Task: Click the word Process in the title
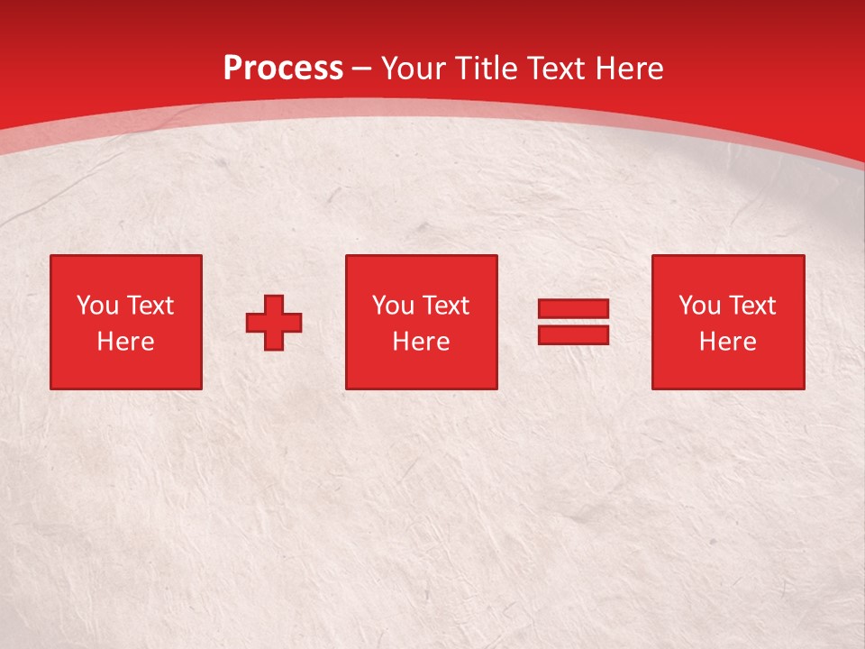(283, 69)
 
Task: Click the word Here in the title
(632, 69)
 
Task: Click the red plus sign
(274, 322)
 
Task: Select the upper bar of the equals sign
(573, 308)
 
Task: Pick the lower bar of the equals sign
(573, 334)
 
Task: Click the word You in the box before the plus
(97, 306)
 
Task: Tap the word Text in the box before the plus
(149, 306)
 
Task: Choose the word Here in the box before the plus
(125, 342)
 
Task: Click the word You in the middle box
(393, 306)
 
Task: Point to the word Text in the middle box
(445, 306)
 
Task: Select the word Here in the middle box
(421, 342)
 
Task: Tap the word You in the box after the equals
(699, 306)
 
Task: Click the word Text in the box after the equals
(751, 306)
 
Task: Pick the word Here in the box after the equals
(727, 342)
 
